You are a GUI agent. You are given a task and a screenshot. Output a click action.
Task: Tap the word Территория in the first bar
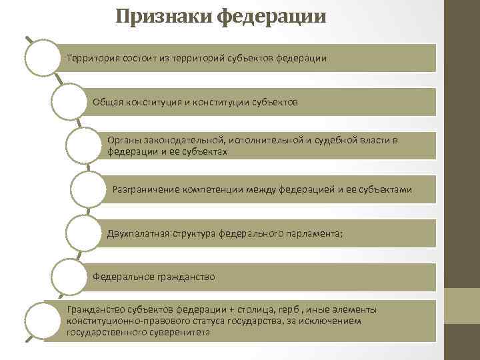[x=93, y=58]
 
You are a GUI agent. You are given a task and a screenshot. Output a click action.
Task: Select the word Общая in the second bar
[x=107, y=103]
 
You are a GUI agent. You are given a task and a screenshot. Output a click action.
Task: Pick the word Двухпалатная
[x=139, y=233]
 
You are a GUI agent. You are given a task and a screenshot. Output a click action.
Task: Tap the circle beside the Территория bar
[x=43, y=57]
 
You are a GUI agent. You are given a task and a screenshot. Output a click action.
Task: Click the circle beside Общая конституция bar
[x=69, y=102]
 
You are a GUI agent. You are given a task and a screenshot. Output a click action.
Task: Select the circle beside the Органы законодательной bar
[x=84, y=146]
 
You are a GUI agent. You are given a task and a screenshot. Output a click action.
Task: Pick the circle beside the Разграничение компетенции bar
[x=88, y=191]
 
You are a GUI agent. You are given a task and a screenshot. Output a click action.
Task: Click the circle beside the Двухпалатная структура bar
[x=84, y=233]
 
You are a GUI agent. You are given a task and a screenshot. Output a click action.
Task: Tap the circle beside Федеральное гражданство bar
[x=69, y=277]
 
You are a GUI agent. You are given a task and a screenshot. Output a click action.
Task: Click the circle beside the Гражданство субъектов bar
[x=43, y=321]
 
